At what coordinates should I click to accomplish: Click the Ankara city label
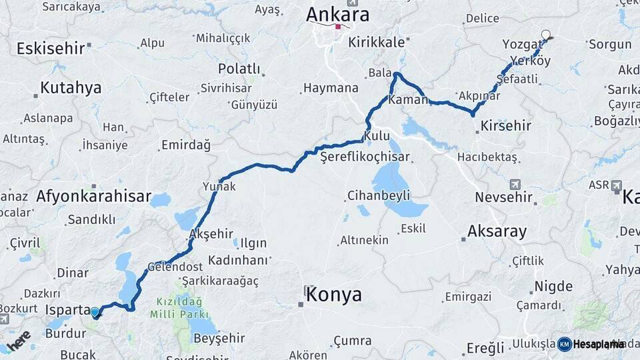(x=337, y=14)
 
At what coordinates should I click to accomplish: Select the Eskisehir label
(x=50, y=48)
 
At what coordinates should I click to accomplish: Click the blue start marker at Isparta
(x=95, y=311)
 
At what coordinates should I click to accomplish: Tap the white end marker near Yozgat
(x=546, y=35)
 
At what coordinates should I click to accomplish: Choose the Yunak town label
(x=219, y=187)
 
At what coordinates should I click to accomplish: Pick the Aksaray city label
(x=497, y=232)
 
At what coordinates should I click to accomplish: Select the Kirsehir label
(x=506, y=125)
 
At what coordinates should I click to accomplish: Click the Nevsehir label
(x=501, y=197)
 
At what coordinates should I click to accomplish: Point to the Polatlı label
(x=239, y=69)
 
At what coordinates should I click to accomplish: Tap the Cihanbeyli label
(x=379, y=195)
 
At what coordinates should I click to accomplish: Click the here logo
(x=18, y=339)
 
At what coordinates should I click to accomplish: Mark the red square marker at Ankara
(x=338, y=27)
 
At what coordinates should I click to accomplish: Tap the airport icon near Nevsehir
(x=514, y=183)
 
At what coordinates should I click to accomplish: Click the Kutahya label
(x=71, y=88)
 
